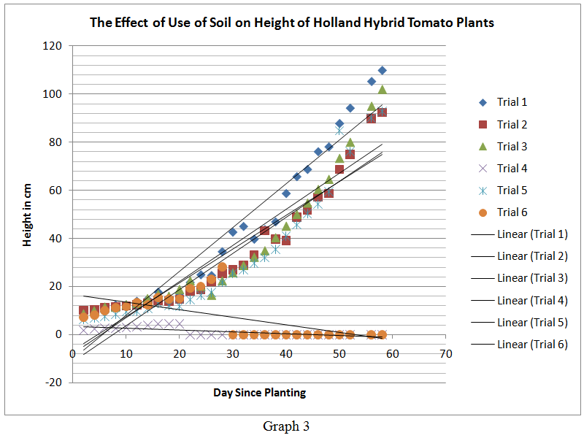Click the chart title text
click(x=292, y=23)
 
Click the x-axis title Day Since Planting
click(x=259, y=393)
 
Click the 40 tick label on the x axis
click(x=286, y=354)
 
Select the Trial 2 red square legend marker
click(x=483, y=124)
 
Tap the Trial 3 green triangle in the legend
click(x=483, y=146)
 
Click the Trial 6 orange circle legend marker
click(x=483, y=212)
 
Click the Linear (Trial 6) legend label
click(x=532, y=345)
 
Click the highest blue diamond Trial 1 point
click(x=382, y=70)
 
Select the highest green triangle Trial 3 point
click(x=382, y=90)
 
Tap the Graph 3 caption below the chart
click(x=285, y=427)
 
